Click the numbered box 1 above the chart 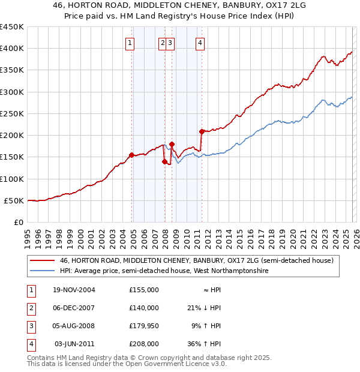tap(130, 42)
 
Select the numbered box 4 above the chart tap(200, 42)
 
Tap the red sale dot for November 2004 tap(131, 155)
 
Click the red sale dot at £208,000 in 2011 tap(201, 131)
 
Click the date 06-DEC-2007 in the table tap(74, 308)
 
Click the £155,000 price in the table tap(144, 290)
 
